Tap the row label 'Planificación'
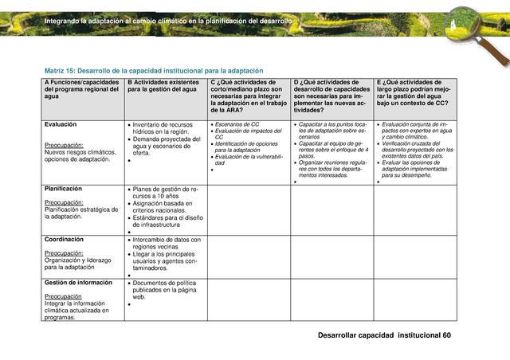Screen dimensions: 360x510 [x=63, y=189]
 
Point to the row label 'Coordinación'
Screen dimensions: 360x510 [x=64, y=239]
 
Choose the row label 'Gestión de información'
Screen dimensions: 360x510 [x=78, y=283]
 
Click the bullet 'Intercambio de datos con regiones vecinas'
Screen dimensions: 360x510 [x=167, y=243]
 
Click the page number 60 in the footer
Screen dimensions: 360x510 [x=446, y=335]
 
